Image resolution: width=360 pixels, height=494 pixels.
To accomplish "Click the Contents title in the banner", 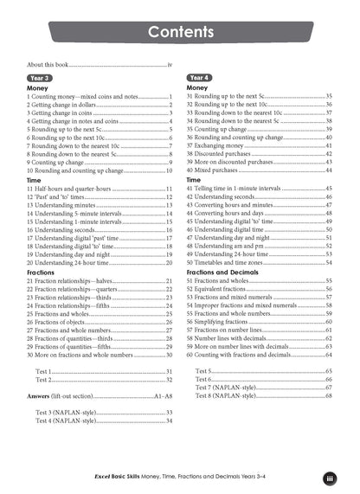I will pyautogui.click(x=181, y=33).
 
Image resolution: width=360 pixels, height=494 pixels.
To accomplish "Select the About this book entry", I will pyautogui.click(x=52, y=65).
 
